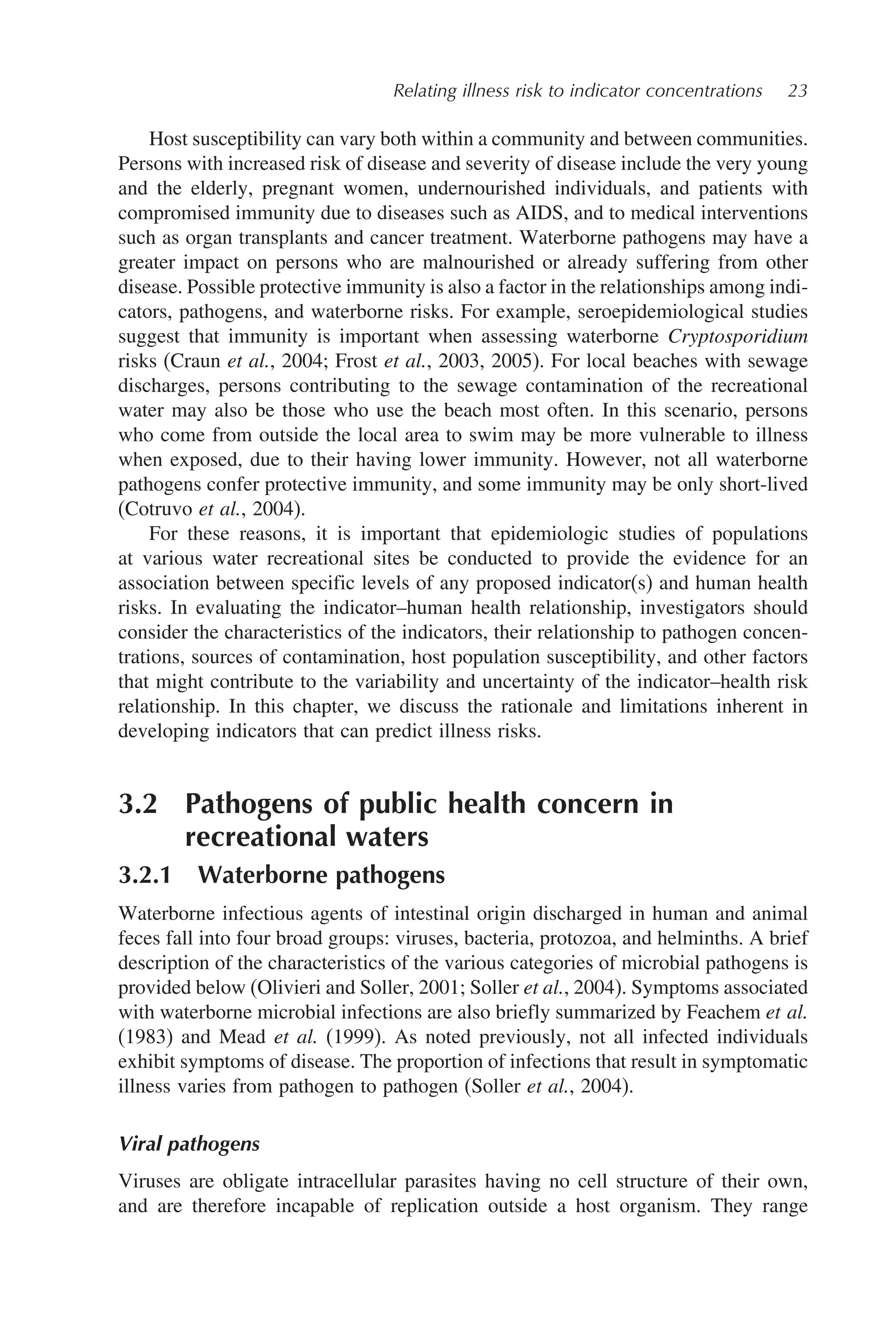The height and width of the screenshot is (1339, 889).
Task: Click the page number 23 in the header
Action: tap(797, 91)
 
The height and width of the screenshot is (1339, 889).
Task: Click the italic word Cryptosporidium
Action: tap(737, 337)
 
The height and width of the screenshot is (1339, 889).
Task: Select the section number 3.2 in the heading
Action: tap(138, 804)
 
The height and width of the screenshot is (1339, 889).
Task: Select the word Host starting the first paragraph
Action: tap(168, 139)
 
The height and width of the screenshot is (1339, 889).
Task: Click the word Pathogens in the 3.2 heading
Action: tap(248, 804)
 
